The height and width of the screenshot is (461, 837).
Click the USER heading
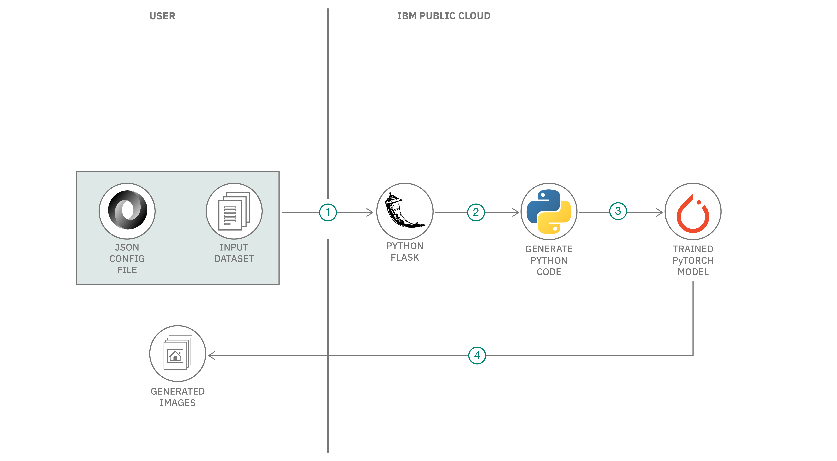tap(162, 16)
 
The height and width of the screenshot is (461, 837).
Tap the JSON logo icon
tap(127, 210)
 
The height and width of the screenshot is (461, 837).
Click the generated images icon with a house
tap(177, 353)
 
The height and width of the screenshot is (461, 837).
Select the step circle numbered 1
tap(328, 213)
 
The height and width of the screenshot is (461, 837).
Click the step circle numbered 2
tap(476, 213)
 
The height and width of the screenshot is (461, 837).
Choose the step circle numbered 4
tap(477, 355)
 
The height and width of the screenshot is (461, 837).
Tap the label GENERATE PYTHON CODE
tap(549, 260)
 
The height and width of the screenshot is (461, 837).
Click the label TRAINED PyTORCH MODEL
tap(693, 260)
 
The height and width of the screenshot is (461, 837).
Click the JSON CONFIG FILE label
tap(127, 259)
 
